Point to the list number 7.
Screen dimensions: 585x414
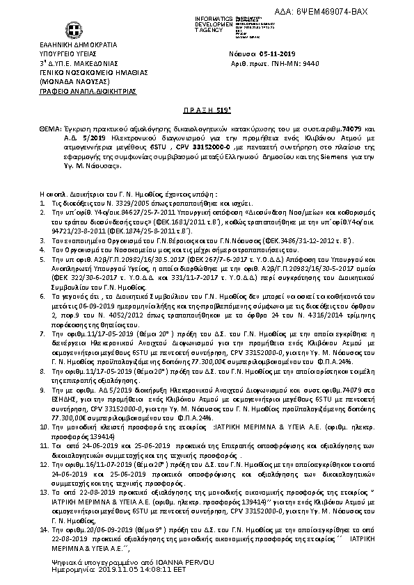tap(23, 333)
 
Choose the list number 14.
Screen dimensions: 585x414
tap(24, 529)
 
